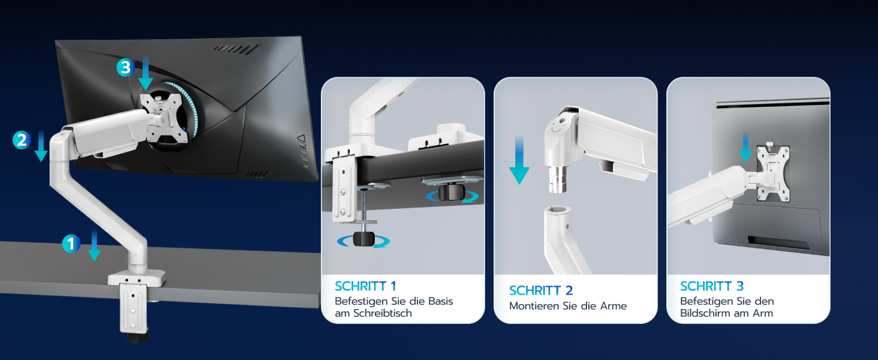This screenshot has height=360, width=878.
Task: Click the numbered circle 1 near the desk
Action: click(71, 244)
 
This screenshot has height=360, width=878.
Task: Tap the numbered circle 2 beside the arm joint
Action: click(22, 140)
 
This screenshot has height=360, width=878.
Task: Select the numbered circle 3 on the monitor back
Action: click(125, 67)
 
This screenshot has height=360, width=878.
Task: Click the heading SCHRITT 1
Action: click(365, 286)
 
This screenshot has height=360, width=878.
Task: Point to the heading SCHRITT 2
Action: click(541, 290)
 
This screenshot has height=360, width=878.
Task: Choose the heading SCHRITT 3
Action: click(712, 286)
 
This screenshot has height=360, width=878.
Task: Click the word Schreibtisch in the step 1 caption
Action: click(383, 313)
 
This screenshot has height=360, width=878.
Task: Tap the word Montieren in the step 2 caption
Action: click(534, 306)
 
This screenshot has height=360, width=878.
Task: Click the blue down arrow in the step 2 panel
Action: click(519, 160)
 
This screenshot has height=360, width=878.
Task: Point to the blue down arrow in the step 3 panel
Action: click(745, 146)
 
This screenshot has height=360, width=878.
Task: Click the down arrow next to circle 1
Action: click(94, 245)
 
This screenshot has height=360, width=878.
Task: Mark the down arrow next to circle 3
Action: click(145, 73)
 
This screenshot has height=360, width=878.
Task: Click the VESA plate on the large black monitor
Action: click(164, 118)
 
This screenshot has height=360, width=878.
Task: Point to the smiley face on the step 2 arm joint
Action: click(557, 127)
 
